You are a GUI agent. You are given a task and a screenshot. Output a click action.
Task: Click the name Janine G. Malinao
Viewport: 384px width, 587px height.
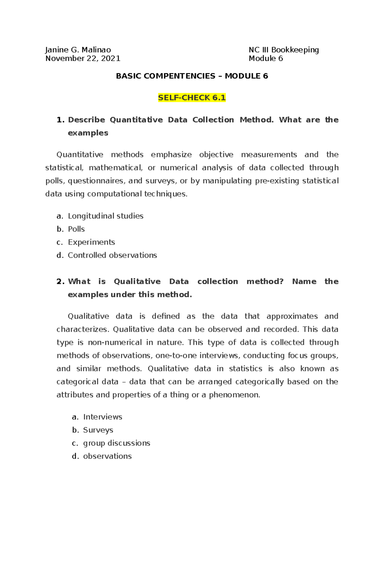[78, 50]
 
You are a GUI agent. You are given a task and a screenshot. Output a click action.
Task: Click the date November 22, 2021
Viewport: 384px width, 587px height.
[83, 59]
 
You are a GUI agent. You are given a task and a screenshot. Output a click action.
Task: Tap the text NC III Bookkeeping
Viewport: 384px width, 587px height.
[284, 50]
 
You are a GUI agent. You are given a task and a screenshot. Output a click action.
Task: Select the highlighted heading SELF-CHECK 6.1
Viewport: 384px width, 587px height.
[192, 98]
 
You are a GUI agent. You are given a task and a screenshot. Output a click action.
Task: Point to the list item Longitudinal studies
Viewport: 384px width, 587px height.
[106, 216]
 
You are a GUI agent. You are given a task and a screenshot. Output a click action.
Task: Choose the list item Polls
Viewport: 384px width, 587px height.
[76, 229]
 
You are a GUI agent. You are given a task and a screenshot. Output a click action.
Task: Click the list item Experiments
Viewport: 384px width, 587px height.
[91, 242]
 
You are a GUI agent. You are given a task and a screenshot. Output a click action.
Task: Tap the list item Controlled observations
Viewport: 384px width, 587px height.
[112, 255]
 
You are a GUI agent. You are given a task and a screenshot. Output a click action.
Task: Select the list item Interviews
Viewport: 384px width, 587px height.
[102, 417]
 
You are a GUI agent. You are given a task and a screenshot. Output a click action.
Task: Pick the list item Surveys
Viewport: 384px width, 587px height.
[98, 430]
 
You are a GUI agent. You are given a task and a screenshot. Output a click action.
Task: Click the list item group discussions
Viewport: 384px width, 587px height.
[116, 443]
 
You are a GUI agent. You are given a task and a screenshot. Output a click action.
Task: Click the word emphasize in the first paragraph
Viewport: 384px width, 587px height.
[171, 155]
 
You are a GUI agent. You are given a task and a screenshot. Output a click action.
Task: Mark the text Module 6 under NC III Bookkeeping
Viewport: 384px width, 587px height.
[266, 59]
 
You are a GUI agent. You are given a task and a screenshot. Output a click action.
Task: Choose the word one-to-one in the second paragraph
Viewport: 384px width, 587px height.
[176, 356]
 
